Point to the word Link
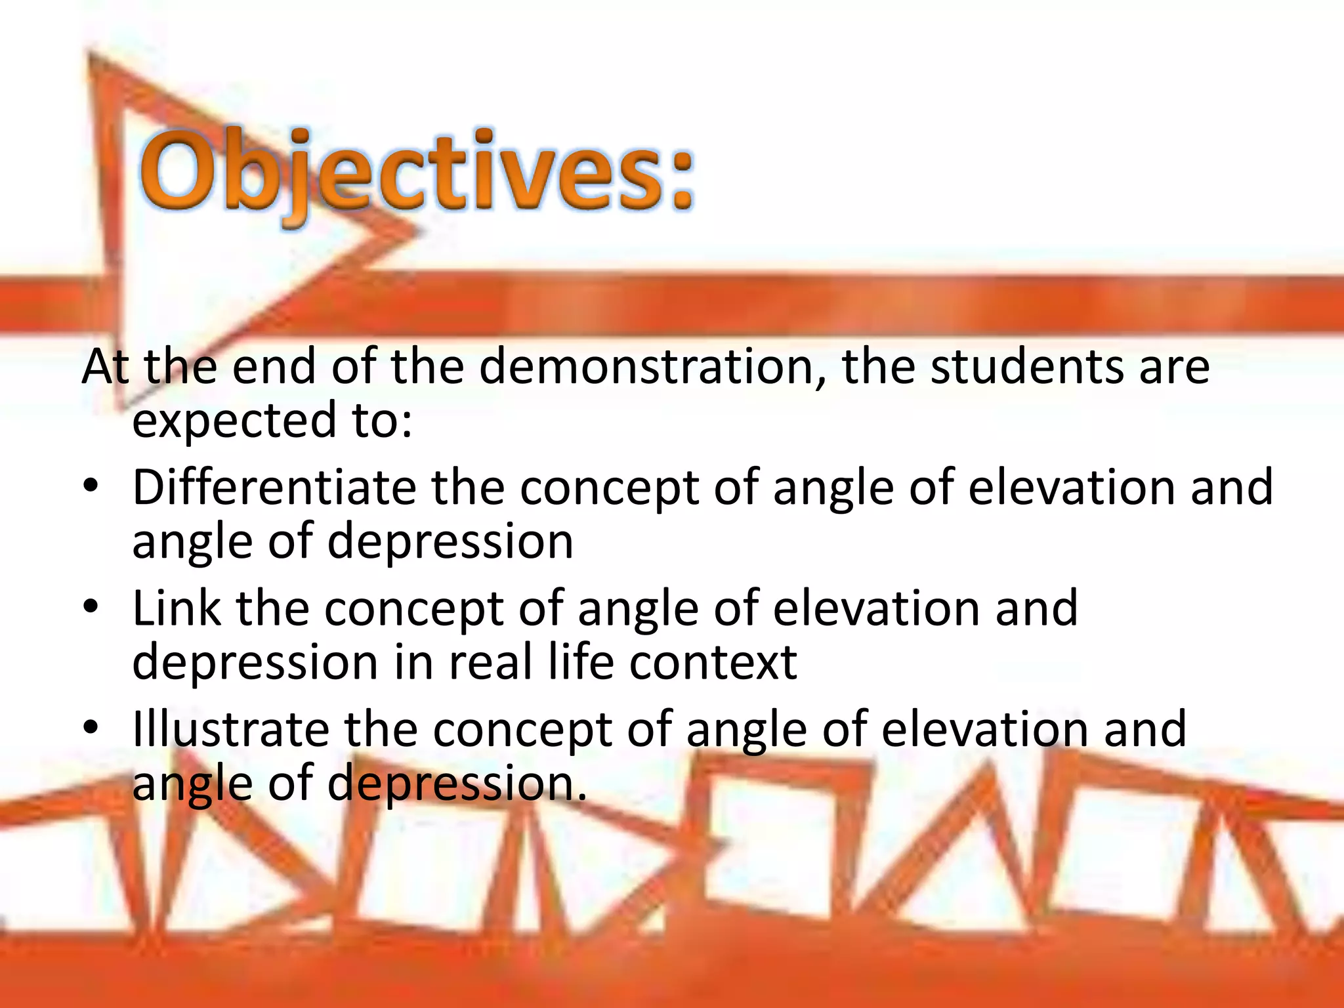[x=177, y=608]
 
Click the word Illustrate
[x=230, y=729]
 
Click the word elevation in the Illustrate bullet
[x=985, y=729]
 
